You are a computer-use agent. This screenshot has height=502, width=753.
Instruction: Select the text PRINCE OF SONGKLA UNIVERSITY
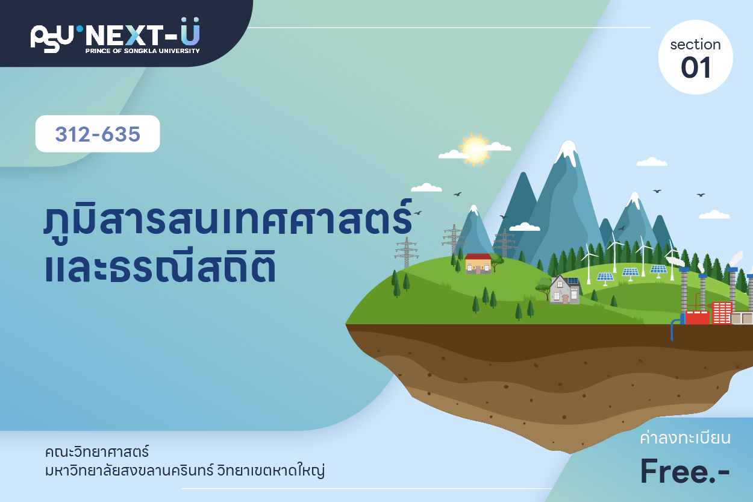(143, 51)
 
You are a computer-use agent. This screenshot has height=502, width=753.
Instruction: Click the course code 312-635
(98, 134)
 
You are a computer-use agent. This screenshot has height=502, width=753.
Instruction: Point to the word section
(695, 45)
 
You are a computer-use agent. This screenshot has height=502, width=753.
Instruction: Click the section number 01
(696, 67)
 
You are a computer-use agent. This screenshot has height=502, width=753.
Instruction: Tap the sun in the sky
(474, 149)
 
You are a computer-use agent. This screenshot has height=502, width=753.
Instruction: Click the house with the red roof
(478, 263)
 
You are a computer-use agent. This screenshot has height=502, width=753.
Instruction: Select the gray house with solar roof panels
(565, 289)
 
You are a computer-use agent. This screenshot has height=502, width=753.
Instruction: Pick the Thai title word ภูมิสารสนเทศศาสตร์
(228, 219)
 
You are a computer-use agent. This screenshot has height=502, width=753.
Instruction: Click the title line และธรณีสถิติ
(160, 266)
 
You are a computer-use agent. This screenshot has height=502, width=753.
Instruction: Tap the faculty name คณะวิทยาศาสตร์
(97, 451)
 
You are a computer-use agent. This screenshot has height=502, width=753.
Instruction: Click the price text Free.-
(685, 471)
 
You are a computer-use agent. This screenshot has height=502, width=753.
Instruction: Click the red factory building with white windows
(722, 313)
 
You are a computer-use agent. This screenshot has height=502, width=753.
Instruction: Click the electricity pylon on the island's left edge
(407, 253)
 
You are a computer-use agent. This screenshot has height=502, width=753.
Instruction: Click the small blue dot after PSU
(80, 29)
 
